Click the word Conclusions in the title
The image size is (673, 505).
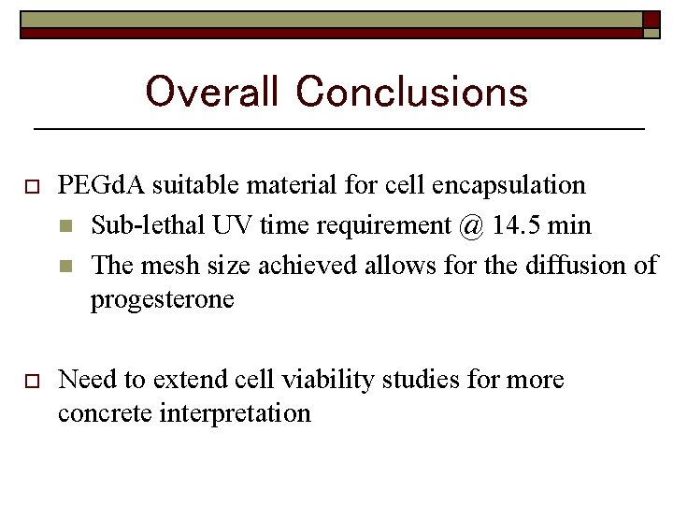coord(411,93)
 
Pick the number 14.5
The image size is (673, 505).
coord(517,225)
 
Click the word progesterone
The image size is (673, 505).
coord(162,300)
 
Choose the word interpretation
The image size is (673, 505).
coord(239,412)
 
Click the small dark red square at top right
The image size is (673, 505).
coord(651,20)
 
